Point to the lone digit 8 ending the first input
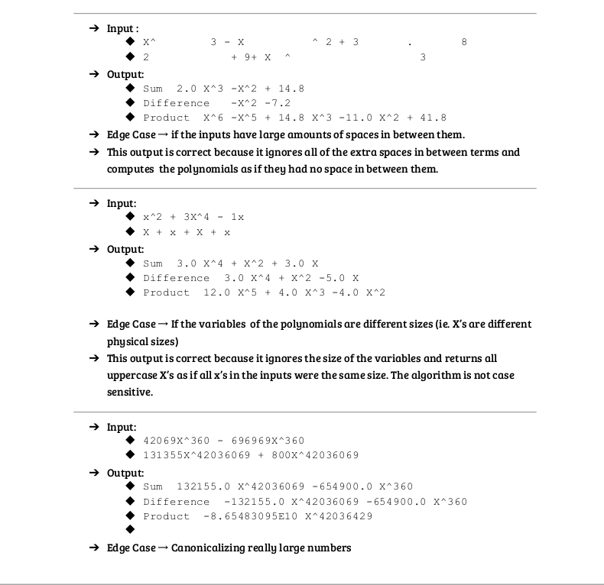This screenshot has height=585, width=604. pyautogui.click(x=464, y=42)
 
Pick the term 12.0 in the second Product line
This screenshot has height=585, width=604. pyautogui.click(x=217, y=293)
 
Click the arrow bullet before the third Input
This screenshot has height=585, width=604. pyautogui.click(x=93, y=427)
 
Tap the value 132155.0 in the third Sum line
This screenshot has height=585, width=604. pyautogui.click(x=203, y=486)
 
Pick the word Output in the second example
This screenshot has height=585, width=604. pyautogui.click(x=125, y=249)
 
